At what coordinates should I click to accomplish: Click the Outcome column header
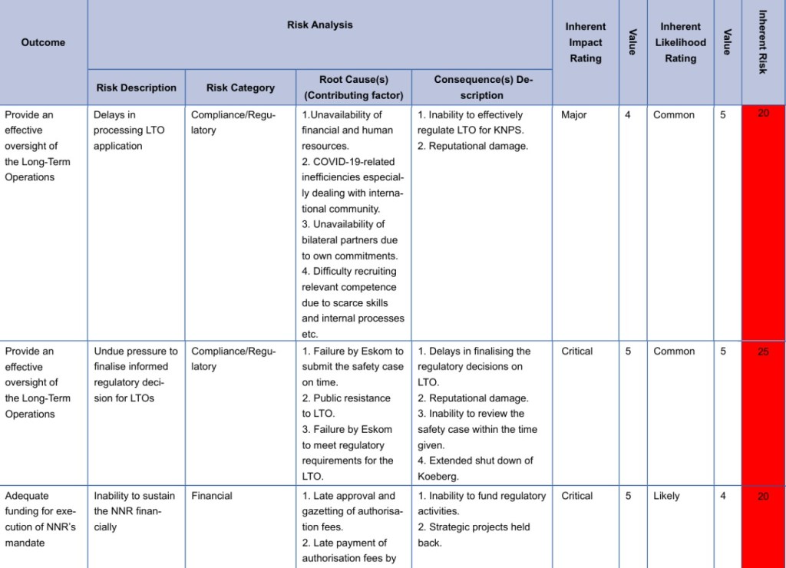(43, 42)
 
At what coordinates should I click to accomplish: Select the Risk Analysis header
(320, 25)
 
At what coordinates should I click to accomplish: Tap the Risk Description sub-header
(136, 88)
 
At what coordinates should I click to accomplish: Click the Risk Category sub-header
(240, 88)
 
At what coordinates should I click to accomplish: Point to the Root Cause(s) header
(353, 88)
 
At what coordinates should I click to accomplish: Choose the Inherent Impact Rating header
(586, 42)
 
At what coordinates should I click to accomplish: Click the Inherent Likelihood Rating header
(680, 42)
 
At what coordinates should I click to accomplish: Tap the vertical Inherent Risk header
(762, 42)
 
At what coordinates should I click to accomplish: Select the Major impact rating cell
(574, 115)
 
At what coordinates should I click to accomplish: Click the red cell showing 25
(763, 352)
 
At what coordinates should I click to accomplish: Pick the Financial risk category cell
(212, 496)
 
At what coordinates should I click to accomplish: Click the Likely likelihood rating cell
(666, 496)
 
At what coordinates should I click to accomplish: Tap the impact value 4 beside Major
(629, 115)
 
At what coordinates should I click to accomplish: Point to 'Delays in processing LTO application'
(129, 130)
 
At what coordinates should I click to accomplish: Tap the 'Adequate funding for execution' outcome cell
(41, 519)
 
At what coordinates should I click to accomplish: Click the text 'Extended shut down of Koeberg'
(476, 468)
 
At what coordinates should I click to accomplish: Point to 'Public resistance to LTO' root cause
(346, 406)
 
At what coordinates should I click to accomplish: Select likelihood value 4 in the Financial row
(723, 496)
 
